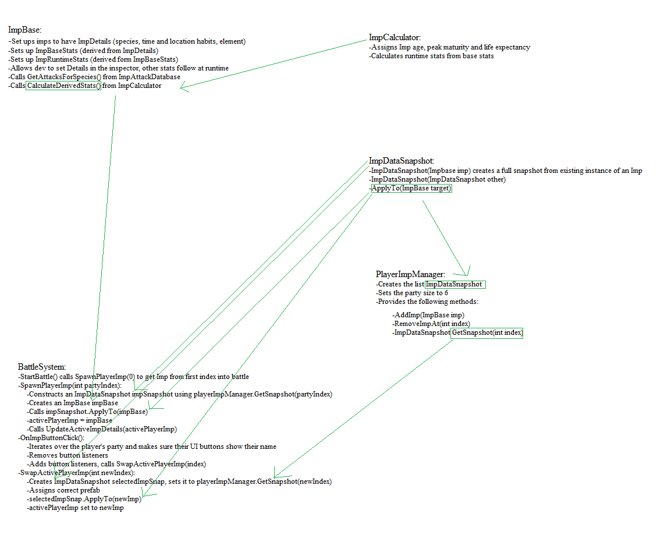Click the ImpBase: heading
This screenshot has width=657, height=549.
24,30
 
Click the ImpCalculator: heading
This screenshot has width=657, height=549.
395,38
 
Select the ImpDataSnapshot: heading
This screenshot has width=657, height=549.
402,161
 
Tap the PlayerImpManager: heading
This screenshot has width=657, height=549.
411,274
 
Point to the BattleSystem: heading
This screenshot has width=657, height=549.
42,367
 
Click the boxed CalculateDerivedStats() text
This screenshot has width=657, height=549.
63,86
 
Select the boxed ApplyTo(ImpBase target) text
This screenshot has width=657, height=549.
411,189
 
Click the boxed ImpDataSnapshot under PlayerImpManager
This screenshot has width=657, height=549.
455,284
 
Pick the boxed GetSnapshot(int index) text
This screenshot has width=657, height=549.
487,333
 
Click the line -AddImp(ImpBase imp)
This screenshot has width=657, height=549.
428,315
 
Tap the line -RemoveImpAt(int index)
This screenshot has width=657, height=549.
431,324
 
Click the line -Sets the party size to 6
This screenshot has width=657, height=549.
412,293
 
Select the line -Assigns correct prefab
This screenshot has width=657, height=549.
60,490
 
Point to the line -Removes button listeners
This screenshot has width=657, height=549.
68,455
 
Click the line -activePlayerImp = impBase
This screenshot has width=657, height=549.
69,420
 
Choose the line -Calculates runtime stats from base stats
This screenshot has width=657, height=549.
431,56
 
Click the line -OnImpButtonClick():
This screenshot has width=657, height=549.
51,438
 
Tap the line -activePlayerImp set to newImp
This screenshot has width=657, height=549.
75,508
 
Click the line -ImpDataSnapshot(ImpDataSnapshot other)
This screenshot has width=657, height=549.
438,179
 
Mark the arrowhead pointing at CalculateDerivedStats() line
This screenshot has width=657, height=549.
183,88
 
